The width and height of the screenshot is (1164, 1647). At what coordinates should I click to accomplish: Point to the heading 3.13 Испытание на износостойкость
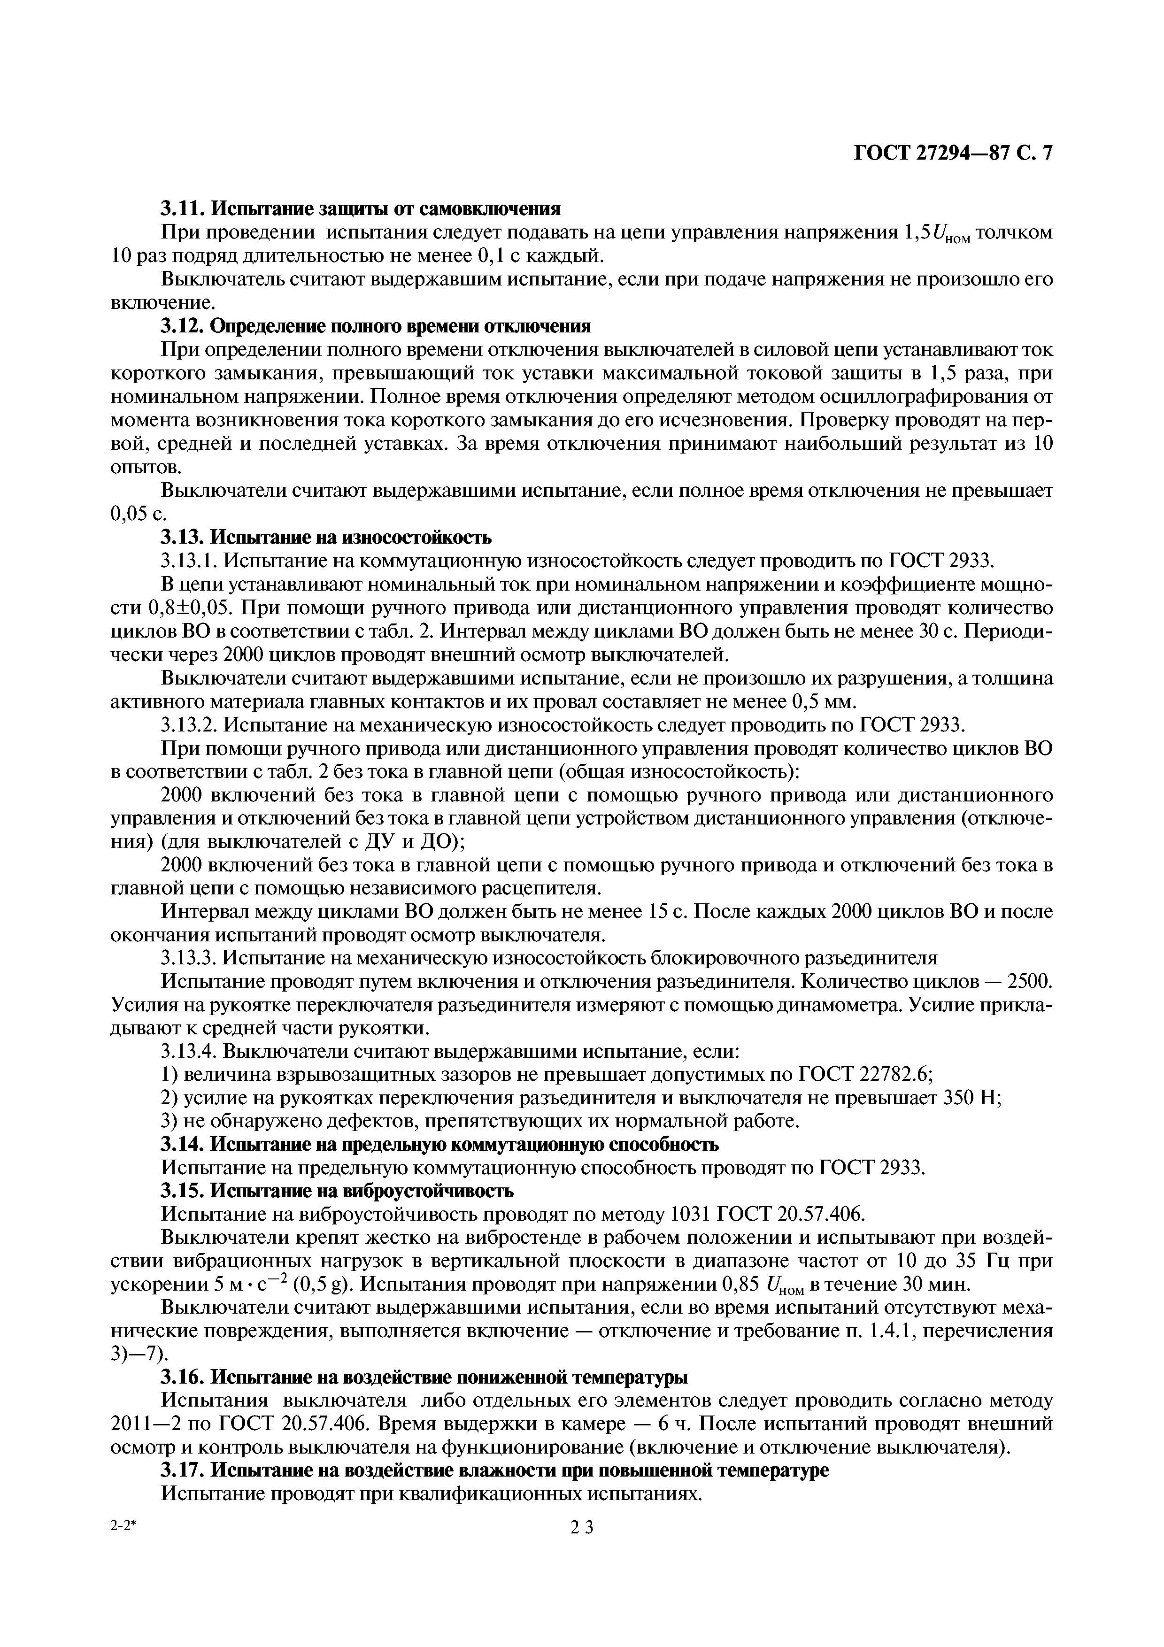(x=326, y=537)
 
